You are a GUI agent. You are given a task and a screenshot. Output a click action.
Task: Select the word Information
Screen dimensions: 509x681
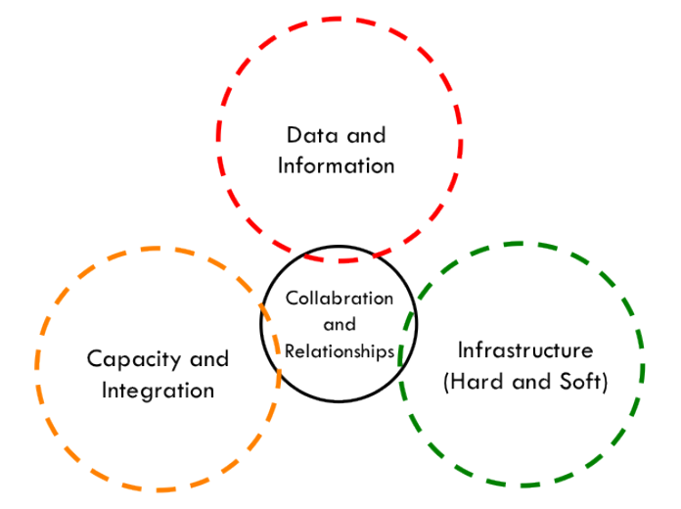pos(336,164)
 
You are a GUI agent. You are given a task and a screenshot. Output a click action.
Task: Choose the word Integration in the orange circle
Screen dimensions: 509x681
pos(151,390)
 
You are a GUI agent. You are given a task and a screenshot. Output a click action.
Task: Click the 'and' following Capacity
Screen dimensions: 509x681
pos(206,359)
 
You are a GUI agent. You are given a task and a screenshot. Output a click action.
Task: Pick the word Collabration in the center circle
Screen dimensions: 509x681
pos(339,298)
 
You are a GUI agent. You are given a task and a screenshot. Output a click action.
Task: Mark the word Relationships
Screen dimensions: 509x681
pos(339,349)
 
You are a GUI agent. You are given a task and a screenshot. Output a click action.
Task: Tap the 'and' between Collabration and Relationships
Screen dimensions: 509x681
pos(339,324)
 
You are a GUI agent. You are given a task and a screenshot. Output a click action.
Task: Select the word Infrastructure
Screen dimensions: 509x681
pos(525,349)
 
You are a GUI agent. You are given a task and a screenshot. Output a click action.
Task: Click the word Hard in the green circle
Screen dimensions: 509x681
pos(475,381)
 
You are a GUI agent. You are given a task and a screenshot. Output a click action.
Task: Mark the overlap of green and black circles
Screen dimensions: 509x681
pos(409,324)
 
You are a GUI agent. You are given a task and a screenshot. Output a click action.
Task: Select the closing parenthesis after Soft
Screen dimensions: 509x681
pos(605,382)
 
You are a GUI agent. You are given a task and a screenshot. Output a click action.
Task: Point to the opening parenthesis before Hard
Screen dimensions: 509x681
pos(448,382)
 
